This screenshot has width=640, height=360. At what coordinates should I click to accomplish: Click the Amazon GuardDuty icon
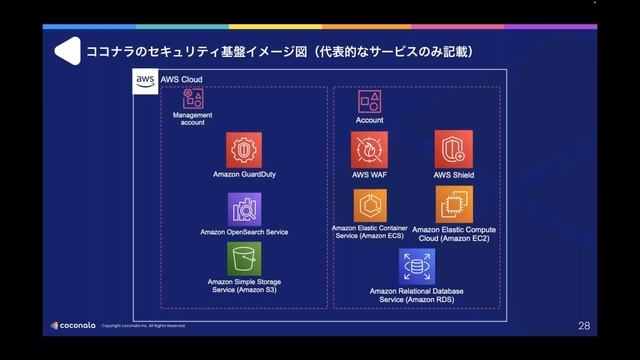point(244,150)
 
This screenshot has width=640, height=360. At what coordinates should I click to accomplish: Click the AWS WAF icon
point(369,150)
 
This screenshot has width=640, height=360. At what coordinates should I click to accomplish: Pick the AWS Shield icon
point(453,150)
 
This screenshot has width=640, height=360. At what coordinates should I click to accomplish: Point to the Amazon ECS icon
point(369,204)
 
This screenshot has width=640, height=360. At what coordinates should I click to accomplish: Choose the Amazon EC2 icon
point(454,204)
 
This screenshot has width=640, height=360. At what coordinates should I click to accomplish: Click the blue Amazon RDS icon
point(415,266)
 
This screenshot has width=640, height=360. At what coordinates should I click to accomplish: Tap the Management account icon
point(193,98)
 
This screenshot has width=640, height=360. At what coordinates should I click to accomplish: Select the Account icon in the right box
point(369,101)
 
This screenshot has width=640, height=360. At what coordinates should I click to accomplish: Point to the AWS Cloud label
point(182,79)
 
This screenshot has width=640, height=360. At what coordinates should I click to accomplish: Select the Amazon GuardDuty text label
point(244,174)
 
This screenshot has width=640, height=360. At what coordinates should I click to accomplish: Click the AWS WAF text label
point(369,174)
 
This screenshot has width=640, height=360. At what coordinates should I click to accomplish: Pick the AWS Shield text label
point(453,174)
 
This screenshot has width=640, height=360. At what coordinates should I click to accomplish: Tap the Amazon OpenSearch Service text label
point(244,232)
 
